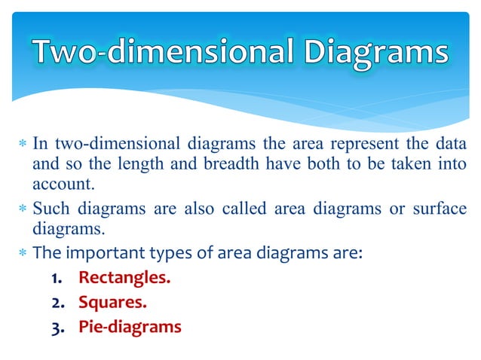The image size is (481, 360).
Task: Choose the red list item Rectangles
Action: [124, 278]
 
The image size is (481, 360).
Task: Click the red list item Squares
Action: [112, 303]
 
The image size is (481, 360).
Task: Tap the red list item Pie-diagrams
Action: [130, 328]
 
